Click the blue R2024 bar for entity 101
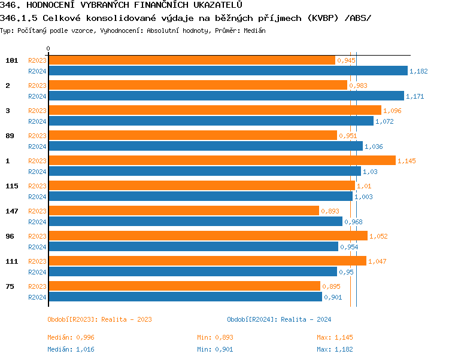(x=227, y=71)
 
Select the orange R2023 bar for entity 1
(x=222, y=161)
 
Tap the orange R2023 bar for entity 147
(x=183, y=211)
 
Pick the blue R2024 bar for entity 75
(x=185, y=297)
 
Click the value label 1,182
(x=418, y=71)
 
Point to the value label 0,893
(x=330, y=211)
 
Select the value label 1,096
(x=392, y=111)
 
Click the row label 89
(x=10, y=136)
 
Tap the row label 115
(x=11, y=186)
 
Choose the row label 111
(x=11, y=261)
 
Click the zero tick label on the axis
(x=48, y=48)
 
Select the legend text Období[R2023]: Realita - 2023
(x=99, y=319)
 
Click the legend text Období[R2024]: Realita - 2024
(x=279, y=319)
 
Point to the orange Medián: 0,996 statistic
(x=71, y=337)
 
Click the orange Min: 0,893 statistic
(x=216, y=337)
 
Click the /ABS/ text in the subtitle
(x=357, y=18)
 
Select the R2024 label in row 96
(x=37, y=246)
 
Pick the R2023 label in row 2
(x=37, y=86)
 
